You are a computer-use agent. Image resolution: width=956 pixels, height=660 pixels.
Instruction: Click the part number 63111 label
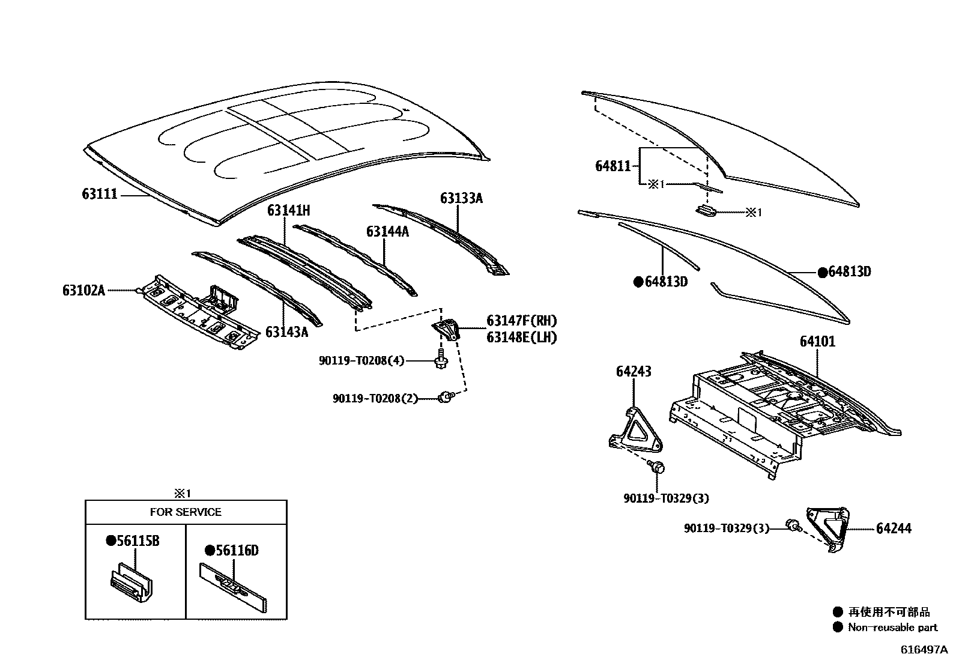point(100,194)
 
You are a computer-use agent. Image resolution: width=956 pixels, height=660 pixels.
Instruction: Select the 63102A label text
point(83,291)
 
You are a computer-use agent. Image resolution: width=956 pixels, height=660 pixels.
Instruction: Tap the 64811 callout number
point(613,166)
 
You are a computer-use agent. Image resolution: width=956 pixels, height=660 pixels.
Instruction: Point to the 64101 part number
point(817,342)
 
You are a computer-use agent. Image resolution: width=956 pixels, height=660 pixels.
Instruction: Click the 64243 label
point(633,372)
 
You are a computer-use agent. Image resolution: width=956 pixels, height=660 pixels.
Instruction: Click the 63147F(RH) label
point(521,321)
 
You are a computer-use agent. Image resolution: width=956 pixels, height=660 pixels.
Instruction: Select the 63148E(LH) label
point(521,338)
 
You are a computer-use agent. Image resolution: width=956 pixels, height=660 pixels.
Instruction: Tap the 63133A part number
point(461,198)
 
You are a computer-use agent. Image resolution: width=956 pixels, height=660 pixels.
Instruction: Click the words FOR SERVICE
point(186,512)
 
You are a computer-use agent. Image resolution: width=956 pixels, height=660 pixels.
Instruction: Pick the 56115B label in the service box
point(138,541)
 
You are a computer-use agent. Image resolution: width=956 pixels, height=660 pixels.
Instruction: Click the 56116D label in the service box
point(237,551)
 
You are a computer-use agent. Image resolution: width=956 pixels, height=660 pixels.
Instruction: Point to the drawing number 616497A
point(923,650)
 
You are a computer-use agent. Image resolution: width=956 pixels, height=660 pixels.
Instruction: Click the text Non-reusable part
point(892,628)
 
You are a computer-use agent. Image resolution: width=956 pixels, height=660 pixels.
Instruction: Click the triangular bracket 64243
point(635,431)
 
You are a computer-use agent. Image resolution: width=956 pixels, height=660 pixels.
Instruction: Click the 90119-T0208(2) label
point(375,398)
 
